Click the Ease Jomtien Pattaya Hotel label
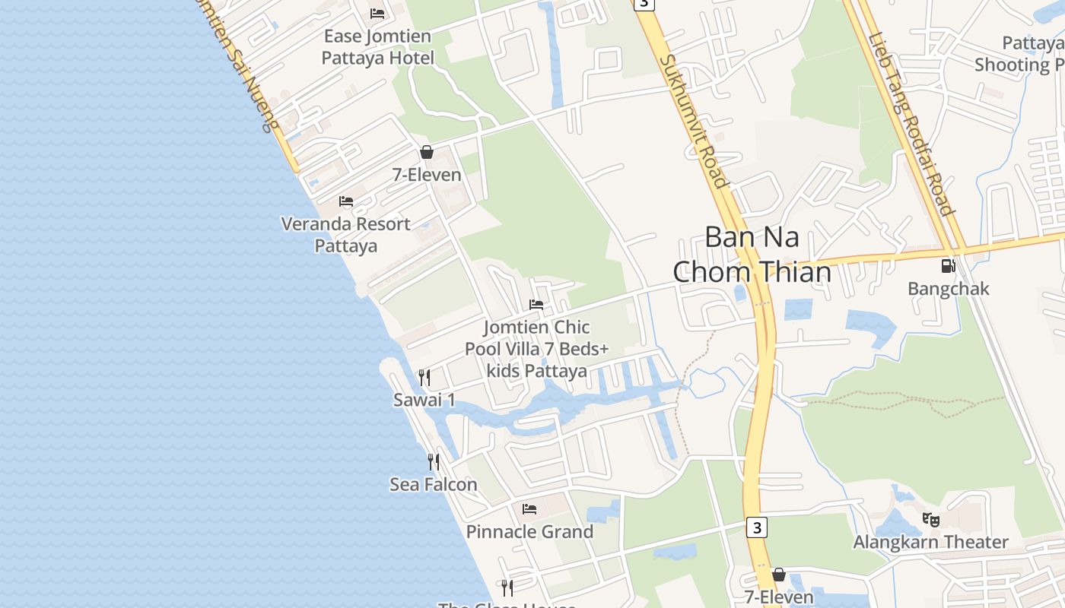click(377, 47)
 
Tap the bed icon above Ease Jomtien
click(377, 13)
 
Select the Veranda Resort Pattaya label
click(346, 235)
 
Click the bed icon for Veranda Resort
click(346, 201)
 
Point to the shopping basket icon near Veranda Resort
click(427, 152)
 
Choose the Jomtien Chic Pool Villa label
click(537, 349)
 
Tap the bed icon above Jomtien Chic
click(536, 305)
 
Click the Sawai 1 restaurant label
click(424, 400)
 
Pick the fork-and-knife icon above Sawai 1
click(424, 377)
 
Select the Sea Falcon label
click(434, 484)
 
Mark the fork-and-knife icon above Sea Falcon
click(434, 461)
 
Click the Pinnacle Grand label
click(529, 532)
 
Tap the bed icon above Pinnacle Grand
click(529, 508)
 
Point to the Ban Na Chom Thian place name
click(752, 254)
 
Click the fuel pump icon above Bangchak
click(948, 266)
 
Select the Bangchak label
click(949, 289)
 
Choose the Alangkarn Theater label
click(930, 542)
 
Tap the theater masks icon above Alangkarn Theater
click(930, 520)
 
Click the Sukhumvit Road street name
click(694, 122)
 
